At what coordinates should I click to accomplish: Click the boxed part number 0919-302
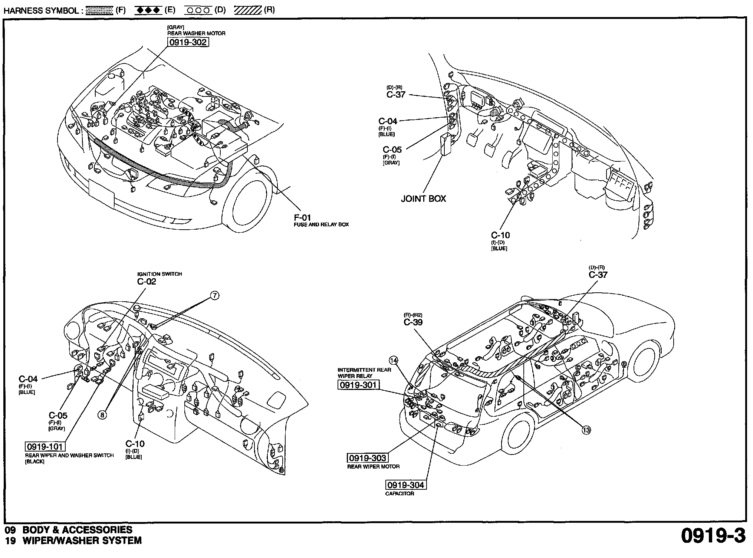pyautogui.click(x=188, y=42)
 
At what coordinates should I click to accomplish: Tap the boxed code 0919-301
pyautogui.click(x=359, y=385)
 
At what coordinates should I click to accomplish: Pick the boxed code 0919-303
pyautogui.click(x=367, y=458)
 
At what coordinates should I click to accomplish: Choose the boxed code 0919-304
pyautogui.click(x=405, y=485)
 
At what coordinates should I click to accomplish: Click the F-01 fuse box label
pyautogui.click(x=303, y=217)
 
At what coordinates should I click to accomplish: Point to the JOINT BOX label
pyautogui.click(x=423, y=198)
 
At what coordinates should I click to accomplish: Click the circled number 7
pyautogui.click(x=214, y=296)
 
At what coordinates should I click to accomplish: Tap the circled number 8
pyautogui.click(x=102, y=415)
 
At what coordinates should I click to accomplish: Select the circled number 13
pyautogui.click(x=586, y=430)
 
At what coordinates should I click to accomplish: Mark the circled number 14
pyautogui.click(x=393, y=360)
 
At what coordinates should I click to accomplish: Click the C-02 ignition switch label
pyautogui.click(x=147, y=281)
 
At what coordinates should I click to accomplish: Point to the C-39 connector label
pyautogui.click(x=413, y=322)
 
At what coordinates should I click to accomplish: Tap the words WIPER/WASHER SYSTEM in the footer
pyautogui.click(x=82, y=541)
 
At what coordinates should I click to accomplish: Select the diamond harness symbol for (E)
pyautogui.click(x=148, y=10)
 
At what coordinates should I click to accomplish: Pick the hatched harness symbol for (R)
pyautogui.click(x=248, y=10)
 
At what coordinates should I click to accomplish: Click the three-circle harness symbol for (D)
pyautogui.click(x=198, y=10)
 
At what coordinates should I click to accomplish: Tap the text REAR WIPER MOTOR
pyautogui.click(x=374, y=467)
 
